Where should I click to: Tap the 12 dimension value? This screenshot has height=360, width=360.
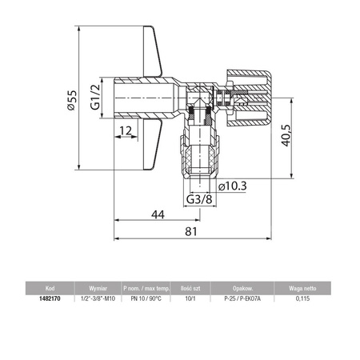125,130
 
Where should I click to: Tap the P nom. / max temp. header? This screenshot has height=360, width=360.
146,286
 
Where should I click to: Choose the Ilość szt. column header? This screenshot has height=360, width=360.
190,286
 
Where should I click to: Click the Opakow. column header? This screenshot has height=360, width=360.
242,286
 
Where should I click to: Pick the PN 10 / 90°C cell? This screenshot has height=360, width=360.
146,298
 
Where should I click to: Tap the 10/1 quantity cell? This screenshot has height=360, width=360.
190,298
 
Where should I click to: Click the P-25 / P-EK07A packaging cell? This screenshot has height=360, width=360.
242,298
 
